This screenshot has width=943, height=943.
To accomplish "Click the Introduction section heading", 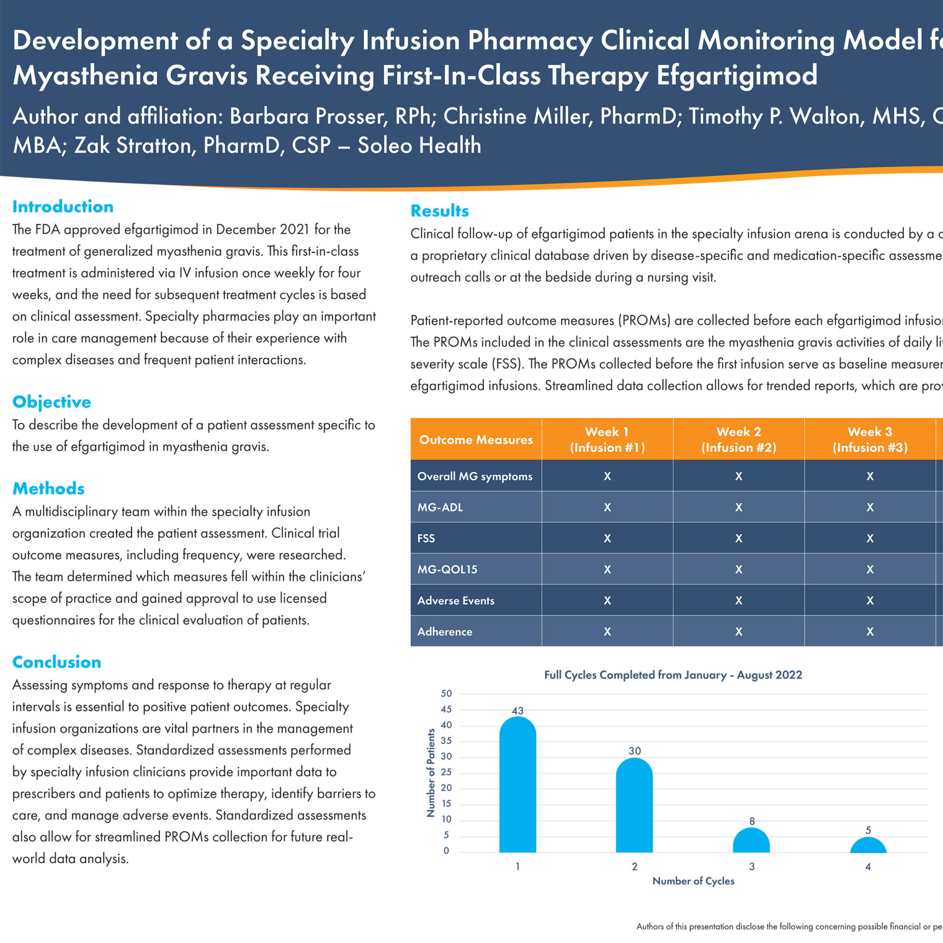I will coord(63,206).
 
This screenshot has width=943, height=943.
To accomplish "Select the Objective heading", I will coord(52,402).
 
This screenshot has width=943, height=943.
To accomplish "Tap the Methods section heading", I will coord(48,489).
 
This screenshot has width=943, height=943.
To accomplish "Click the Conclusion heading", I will coord(57,662).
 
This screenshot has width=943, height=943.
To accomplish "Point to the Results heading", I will coord(439,211).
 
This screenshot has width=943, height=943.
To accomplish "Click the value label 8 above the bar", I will coord(751,821).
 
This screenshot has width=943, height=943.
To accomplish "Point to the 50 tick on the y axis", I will coord(446,693).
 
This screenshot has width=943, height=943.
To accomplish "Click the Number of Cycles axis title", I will coord(693,881).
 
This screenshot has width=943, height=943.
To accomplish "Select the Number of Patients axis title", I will coord(431,773).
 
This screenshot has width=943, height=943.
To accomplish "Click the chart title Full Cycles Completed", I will coord(673,675).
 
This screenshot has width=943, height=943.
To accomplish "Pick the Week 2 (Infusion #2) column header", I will coord(739,439).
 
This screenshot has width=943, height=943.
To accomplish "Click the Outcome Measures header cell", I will coord(476,440).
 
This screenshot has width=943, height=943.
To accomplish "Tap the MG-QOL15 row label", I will coord(447,569).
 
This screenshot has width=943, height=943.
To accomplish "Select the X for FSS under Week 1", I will coord(607,538).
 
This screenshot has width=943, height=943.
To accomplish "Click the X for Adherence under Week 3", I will coord(870,632).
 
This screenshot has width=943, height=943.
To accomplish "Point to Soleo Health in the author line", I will coord(419,146).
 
